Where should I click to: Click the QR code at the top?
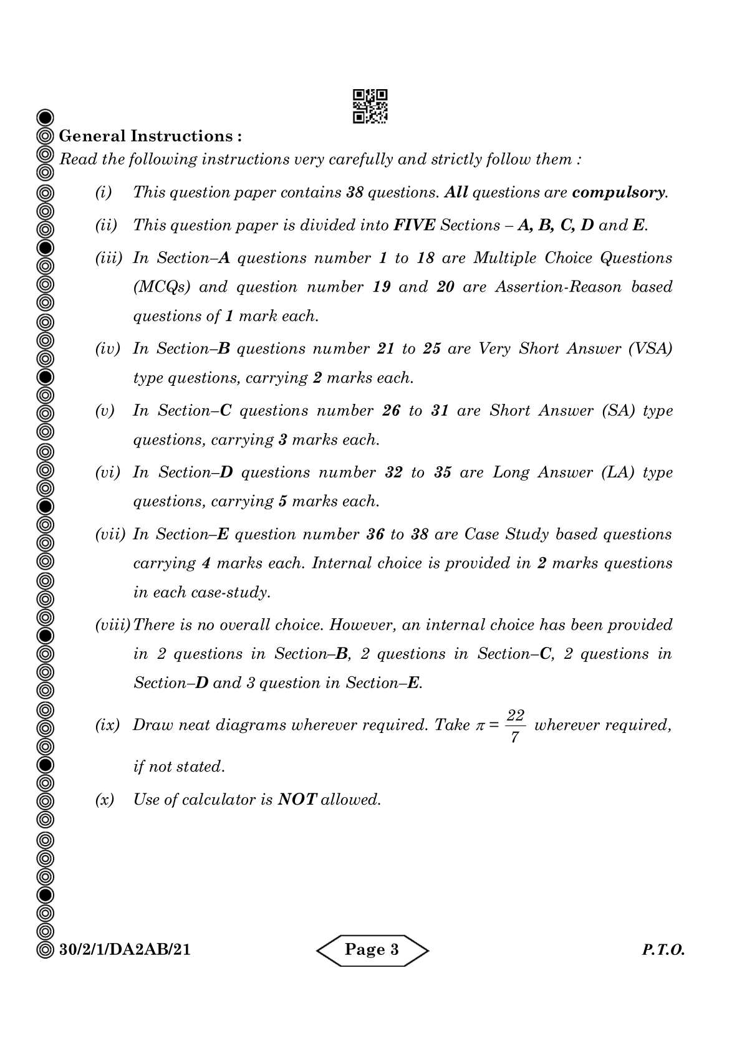pos(370,106)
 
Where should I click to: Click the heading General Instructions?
pos(150,136)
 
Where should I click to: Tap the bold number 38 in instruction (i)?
pos(355,192)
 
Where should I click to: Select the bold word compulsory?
pos(619,192)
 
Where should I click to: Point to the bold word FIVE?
pos(414,225)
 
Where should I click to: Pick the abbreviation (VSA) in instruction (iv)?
pos(650,348)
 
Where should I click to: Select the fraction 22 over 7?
pos(515,726)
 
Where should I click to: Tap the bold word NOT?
pos(297,799)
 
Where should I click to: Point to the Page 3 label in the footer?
pos(372,949)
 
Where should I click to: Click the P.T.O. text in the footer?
pos(663,951)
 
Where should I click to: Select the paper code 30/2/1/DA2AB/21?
pos(125,949)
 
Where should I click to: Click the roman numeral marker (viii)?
pos(112,625)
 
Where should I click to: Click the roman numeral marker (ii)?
pos(106,225)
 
